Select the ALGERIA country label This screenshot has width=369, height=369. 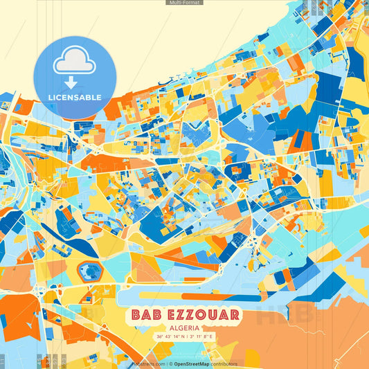coord(184,327)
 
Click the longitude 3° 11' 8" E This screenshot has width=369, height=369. coord(200,336)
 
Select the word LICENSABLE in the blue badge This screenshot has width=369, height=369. coord(74,97)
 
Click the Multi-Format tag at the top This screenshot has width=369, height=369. coord(184,3)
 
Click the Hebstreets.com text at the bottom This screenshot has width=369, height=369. coord(148,363)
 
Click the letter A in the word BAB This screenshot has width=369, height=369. coord(145,315)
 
